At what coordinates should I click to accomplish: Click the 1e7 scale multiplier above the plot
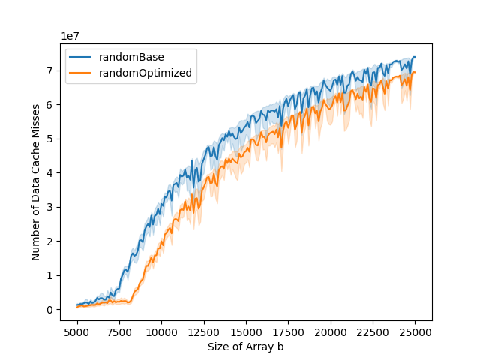71,37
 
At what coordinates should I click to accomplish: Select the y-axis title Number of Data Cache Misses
36,182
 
